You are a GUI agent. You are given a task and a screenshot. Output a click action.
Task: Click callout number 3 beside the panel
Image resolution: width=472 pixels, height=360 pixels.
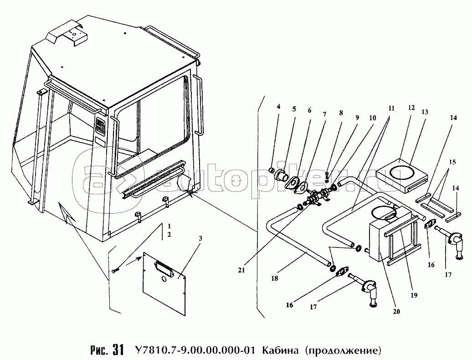point(200,238)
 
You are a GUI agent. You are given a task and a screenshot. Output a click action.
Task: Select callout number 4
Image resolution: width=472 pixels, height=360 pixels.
point(278,107)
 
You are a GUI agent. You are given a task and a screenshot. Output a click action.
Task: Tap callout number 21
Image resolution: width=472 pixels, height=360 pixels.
point(241,270)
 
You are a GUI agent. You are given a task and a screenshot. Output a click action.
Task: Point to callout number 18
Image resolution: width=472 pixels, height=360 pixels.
point(275,278)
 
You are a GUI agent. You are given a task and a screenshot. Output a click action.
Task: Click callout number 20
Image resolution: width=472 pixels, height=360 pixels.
point(396,312)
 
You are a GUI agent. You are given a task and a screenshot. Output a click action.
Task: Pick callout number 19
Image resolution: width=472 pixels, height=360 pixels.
point(414,295)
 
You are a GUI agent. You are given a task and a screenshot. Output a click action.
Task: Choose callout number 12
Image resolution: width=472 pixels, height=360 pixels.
point(411,108)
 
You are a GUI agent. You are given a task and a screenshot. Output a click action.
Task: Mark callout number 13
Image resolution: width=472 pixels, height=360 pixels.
point(425,112)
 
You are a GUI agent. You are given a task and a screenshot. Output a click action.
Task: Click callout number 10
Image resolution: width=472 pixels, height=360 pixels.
point(373,118)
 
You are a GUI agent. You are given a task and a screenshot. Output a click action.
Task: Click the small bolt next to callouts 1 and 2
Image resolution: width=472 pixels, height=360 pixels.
point(115,271)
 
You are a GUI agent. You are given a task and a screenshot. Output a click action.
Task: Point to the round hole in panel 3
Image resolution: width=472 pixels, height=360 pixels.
point(164,279)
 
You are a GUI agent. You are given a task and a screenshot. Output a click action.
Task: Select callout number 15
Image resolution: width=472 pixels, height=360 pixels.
point(452,162)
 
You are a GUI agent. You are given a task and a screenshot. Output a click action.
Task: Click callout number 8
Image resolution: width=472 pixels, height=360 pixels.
point(341,113)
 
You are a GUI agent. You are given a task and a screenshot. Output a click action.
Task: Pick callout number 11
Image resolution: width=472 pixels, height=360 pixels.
point(391,108)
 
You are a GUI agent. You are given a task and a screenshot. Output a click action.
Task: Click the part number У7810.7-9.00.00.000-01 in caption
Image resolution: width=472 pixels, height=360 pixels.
point(194,350)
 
